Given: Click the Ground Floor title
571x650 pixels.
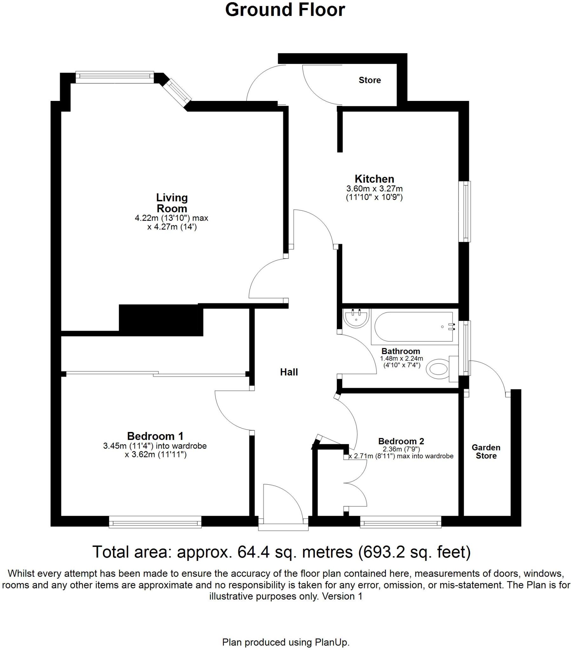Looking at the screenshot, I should (x=285, y=10).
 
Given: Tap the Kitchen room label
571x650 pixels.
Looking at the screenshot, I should (x=374, y=179).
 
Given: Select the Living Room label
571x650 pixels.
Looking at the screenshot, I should (x=172, y=203).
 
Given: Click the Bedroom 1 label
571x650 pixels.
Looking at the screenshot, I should (x=155, y=436).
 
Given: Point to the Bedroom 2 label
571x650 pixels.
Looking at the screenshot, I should (x=401, y=441).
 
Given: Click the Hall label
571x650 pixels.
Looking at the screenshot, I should (x=289, y=372).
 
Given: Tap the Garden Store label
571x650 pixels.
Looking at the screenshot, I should (x=486, y=452).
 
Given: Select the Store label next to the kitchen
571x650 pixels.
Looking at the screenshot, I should (x=370, y=80).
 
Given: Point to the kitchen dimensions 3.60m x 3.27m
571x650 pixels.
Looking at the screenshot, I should (x=374, y=189).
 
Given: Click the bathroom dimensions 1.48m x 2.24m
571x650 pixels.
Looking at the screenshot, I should (x=402, y=358).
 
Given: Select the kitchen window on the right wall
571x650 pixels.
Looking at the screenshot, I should (x=466, y=211).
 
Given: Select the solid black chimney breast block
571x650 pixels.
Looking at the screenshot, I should (x=161, y=320).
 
